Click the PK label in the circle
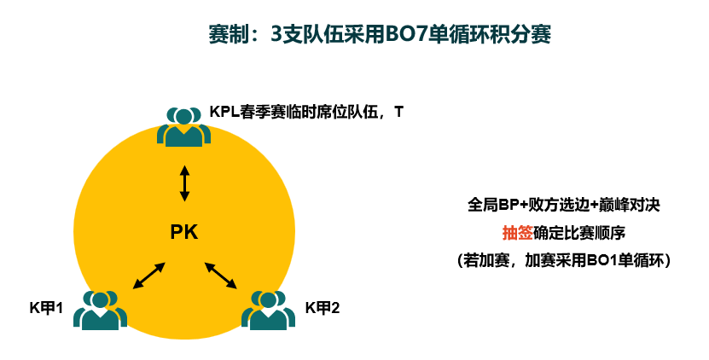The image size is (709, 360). coord(184,232)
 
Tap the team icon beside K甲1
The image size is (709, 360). coord(100,311)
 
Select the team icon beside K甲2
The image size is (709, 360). coord(268,311)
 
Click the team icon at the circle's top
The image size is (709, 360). coord(183,126)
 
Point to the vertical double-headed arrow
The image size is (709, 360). coord(184,183)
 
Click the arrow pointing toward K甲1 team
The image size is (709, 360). coord(148,276)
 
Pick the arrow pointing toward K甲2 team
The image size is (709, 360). coord(221,276)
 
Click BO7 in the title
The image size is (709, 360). coord(400,35)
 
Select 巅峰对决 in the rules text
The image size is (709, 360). coord(631,206)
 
